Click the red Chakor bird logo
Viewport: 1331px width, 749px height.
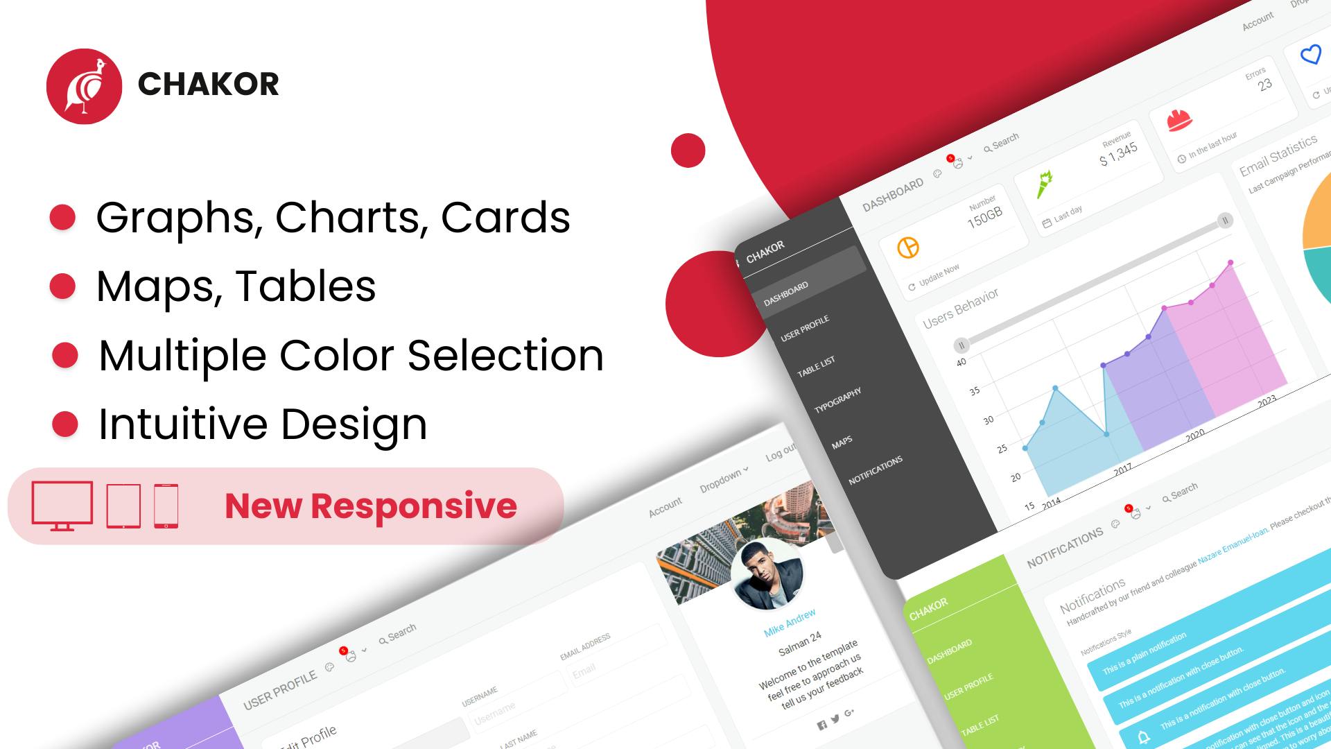[84, 86]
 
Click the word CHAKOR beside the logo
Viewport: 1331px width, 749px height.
[208, 85]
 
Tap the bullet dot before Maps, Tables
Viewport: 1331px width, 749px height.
[62, 286]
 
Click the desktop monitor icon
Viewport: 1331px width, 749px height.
[62, 505]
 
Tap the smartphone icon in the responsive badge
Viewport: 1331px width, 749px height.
[166, 506]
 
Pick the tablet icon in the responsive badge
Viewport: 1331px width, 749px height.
[123, 506]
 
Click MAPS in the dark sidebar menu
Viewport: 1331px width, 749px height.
[842, 442]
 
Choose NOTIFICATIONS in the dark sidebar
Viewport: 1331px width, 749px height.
[876, 470]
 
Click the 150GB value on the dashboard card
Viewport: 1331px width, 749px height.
[984, 218]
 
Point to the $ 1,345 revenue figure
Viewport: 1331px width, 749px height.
[1118, 154]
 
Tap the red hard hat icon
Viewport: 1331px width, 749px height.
[1179, 119]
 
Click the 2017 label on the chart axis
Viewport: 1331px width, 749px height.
[1123, 470]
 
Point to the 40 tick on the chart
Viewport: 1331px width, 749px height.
[961, 362]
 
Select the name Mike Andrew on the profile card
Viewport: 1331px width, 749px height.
[790, 623]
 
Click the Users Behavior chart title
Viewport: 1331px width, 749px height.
[961, 307]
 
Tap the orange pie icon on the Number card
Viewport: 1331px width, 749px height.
[908, 248]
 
